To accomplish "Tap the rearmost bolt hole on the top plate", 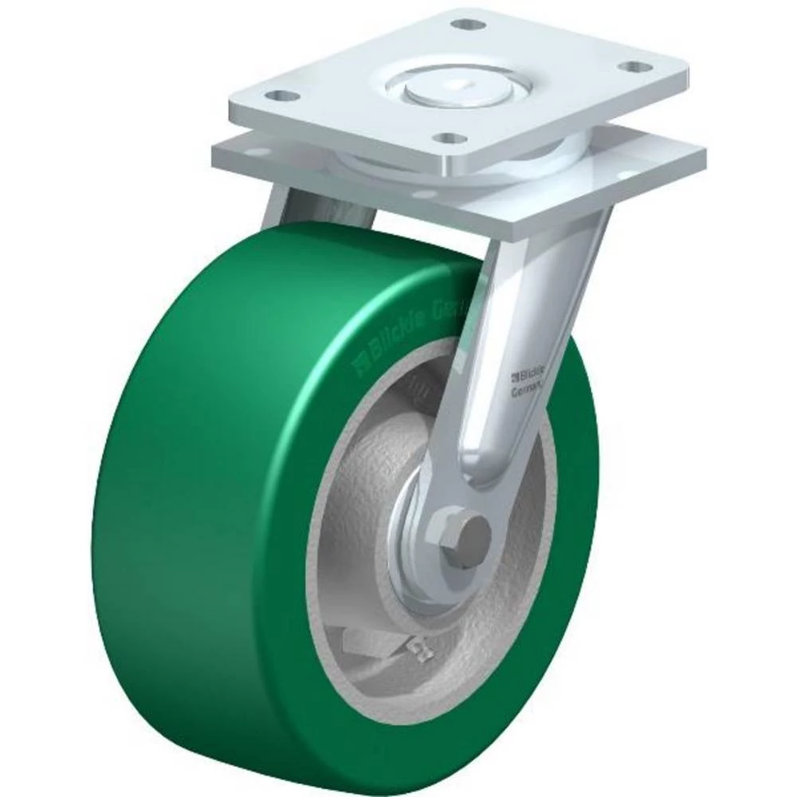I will [468, 23].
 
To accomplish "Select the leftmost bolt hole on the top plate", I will [277, 96].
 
